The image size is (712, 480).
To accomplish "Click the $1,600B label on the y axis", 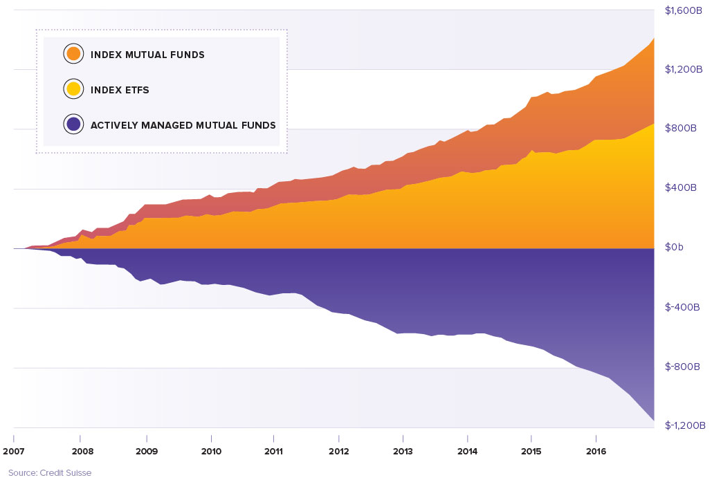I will pos(684,10).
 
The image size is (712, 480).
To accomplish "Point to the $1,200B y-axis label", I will pos(684,69).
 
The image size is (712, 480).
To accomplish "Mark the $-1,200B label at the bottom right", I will pos(684,425).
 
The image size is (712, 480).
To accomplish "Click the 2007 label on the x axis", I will pos(14,451).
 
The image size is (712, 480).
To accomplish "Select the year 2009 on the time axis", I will pos(147,451).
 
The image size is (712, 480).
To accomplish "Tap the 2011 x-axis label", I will pos(274,451).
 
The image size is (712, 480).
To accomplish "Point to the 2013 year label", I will pos(403,451).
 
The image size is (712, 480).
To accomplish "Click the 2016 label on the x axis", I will pos(596,451).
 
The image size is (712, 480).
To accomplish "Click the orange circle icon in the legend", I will pos(73,54).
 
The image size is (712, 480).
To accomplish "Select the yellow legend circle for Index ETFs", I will pos(73,89).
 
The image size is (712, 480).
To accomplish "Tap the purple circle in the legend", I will pos(73,125).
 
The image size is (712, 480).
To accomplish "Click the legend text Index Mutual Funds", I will pos(147,55).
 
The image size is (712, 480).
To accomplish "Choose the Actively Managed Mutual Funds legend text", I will pos(183,126).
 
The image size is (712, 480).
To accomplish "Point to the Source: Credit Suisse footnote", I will pos(50,473).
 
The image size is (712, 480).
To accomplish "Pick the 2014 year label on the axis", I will pos(468,451).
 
